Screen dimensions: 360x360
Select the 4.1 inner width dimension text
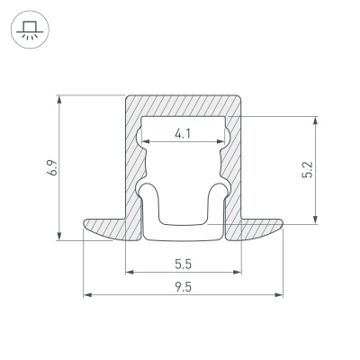pos(184,134)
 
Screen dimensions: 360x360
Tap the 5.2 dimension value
pos(308,169)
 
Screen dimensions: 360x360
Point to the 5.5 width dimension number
pos(184,265)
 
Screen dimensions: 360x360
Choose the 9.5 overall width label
pos(184,286)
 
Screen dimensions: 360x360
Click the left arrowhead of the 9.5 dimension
pos(86,294)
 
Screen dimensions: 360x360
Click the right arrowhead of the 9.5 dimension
pos(280,294)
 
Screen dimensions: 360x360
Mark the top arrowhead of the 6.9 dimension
pos(59,96)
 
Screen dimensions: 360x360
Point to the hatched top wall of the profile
pos(184,103)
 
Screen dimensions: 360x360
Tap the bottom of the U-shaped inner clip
pos(184,234)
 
